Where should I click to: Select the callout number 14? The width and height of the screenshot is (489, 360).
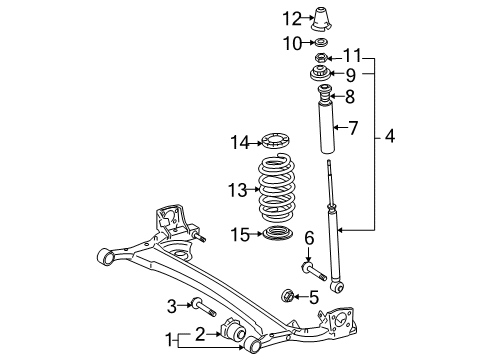tap(239, 143)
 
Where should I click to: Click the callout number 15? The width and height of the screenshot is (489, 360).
tap(239, 234)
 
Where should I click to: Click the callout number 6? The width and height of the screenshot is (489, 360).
tap(309, 264)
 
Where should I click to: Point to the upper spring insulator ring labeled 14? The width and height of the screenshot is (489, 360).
tap(275, 142)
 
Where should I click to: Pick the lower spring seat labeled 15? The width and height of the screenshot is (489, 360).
tap(277, 234)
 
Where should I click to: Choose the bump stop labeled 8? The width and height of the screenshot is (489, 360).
tap(325, 97)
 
